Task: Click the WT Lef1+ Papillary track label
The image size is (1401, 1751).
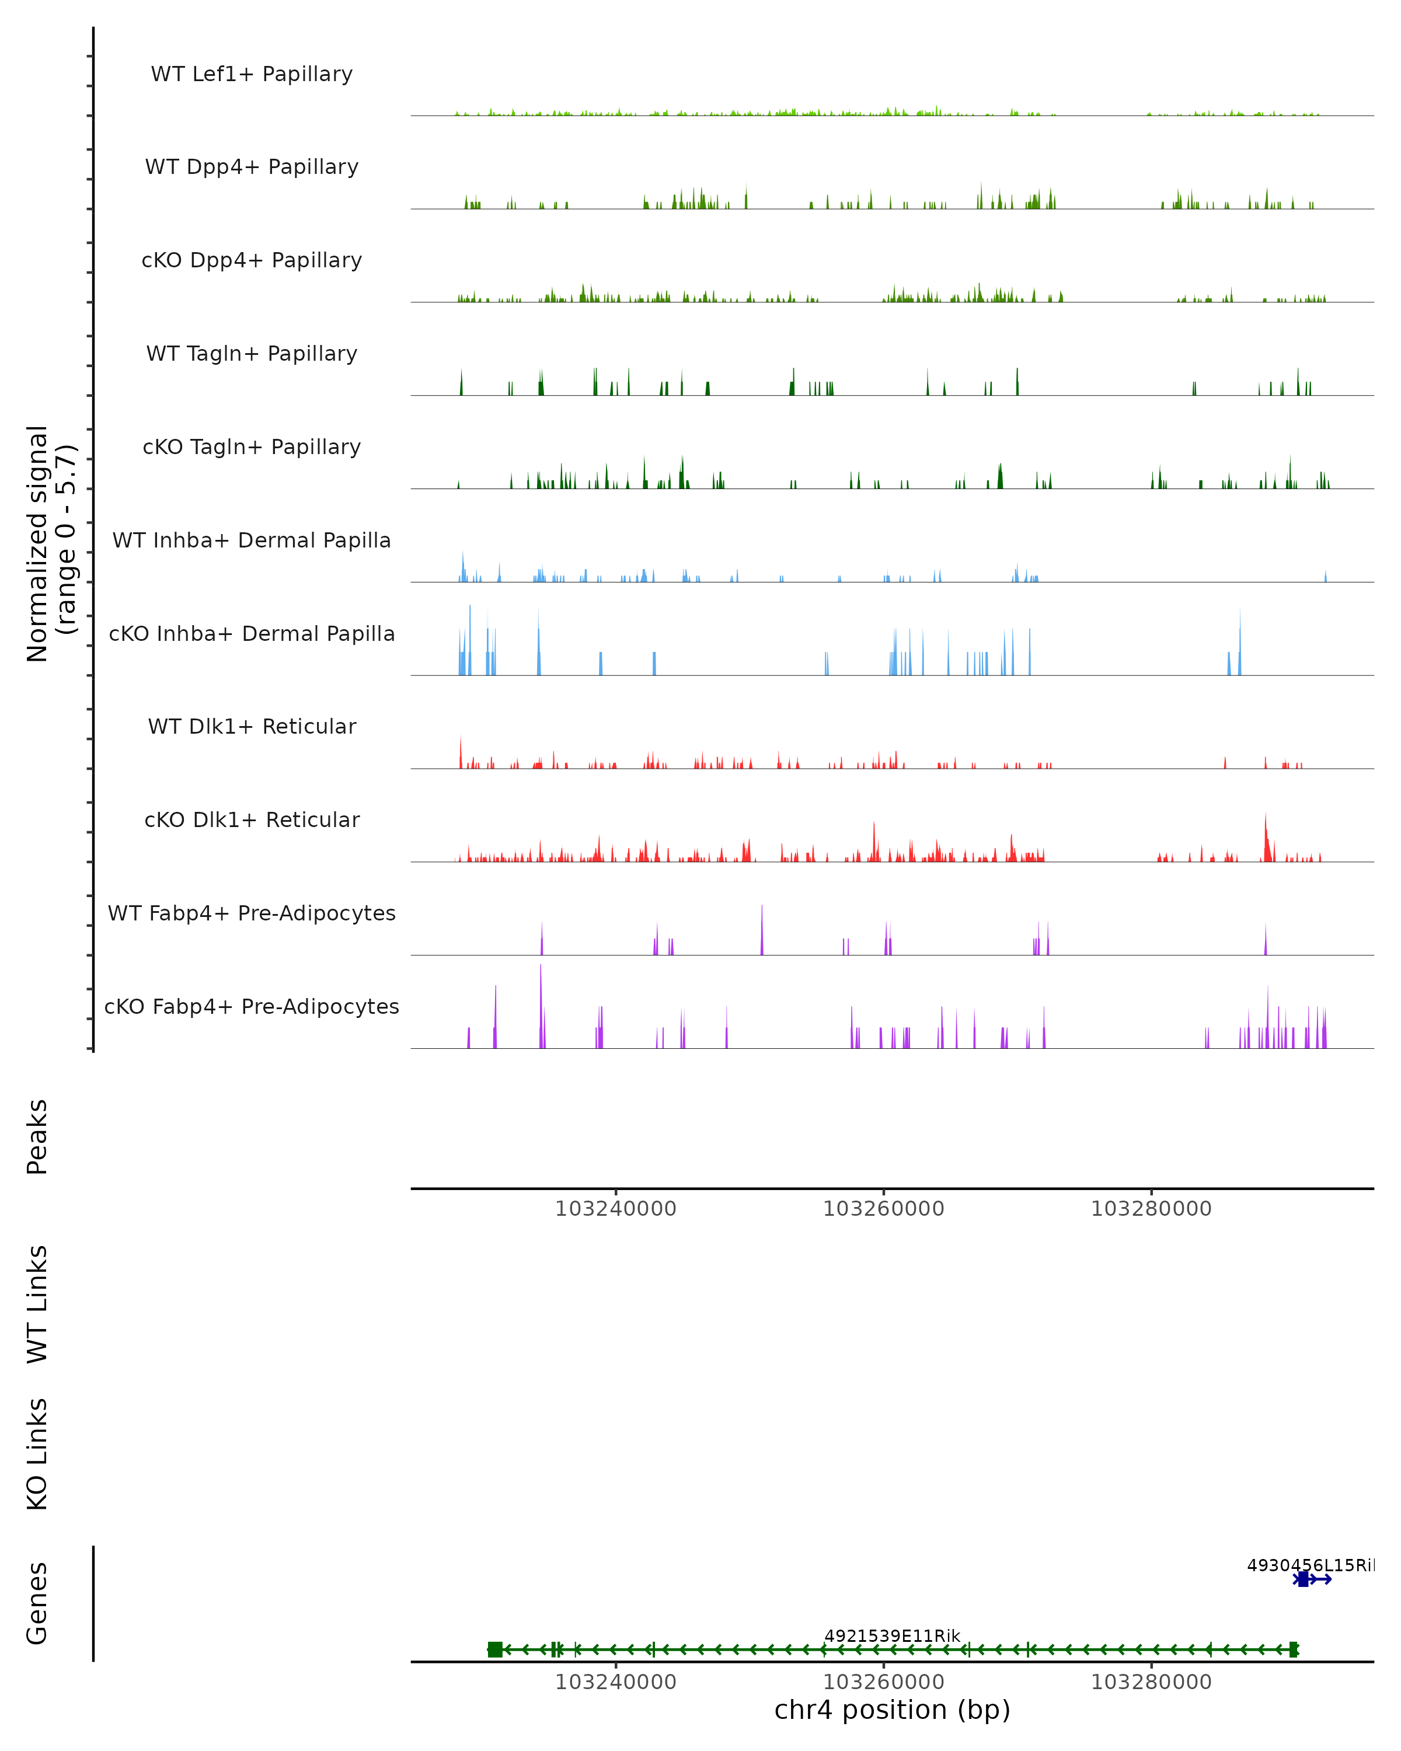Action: pyautogui.click(x=252, y=74)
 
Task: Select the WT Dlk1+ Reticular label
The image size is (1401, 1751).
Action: pyautogui.click(x=252, y=726)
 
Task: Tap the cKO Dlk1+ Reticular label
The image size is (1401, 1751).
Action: pyautogui.click(x=252, y=819)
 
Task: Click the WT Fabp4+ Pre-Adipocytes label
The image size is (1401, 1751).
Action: pyautogui.click(x=252, y=913)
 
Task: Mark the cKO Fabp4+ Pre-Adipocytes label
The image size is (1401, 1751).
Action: pyautogui.click(x=252, y=1006)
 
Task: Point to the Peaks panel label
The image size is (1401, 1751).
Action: pyautogui.click(x=37, y=1136)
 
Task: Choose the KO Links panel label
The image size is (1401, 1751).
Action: pyautogui.click(x=37, y=1454)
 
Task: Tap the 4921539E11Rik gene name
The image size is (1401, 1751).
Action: pyautogui.click(x=892, y=1635)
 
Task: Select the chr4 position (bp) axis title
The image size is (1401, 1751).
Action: pyautogui.click(x=892, y=1710)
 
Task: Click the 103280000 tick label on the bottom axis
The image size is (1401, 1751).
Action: pyautogui.click(x=1151, y=1682)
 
